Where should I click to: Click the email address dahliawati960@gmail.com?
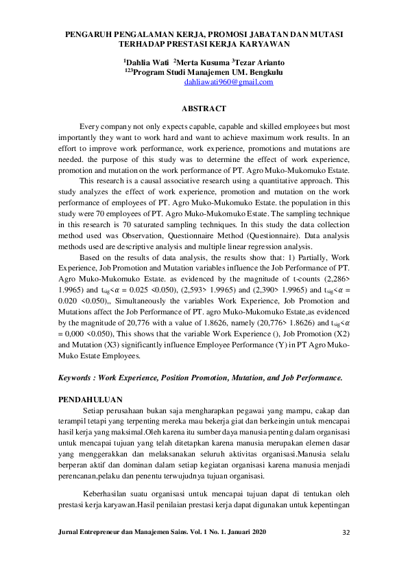pos(229,82)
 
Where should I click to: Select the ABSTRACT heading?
pos(204,109)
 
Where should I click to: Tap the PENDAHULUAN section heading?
pos(91,399)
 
